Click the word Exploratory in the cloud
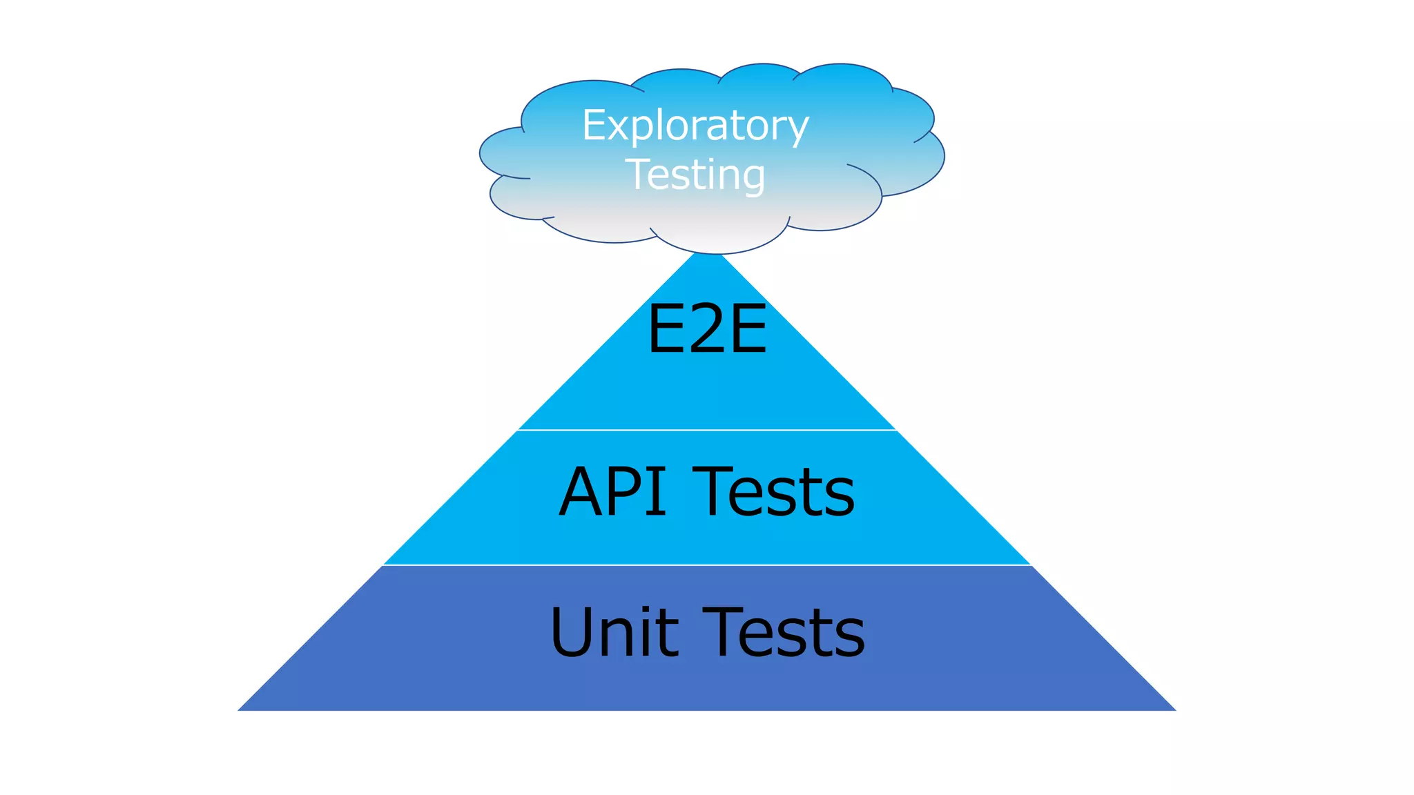click(x=695, y=126)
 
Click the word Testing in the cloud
click(x=696, y=175)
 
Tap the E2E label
click(x=707, y=329)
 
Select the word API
click(x=612, y=491)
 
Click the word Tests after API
click(x=774, y=491)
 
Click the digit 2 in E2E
click(x=706, y=329)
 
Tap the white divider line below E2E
click(x=707, y=430)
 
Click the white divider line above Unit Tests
click(x=707, y=565)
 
